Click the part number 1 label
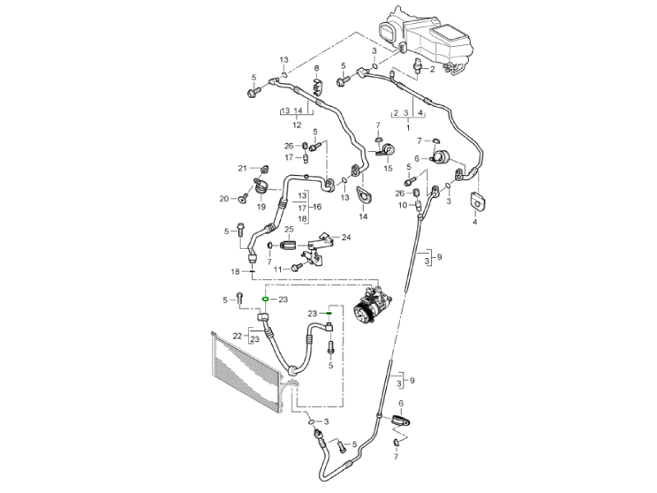pyautogui.click(x=408, y=129)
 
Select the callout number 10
pyautogui.click(x=403, y=205)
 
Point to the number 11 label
pyautogui.click(x=278, y=269)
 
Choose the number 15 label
pyautogui.click(x=388, y=168)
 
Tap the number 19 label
pyautogui.click(x=261, y=207)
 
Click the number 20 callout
pyautogui.click(x=223, y=198)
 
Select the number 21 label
pyautogui.click(x=242, y=168)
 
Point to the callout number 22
pyautogui.click(x=237, y=335)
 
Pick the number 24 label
pyautogui.click(x=346, y=237)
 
